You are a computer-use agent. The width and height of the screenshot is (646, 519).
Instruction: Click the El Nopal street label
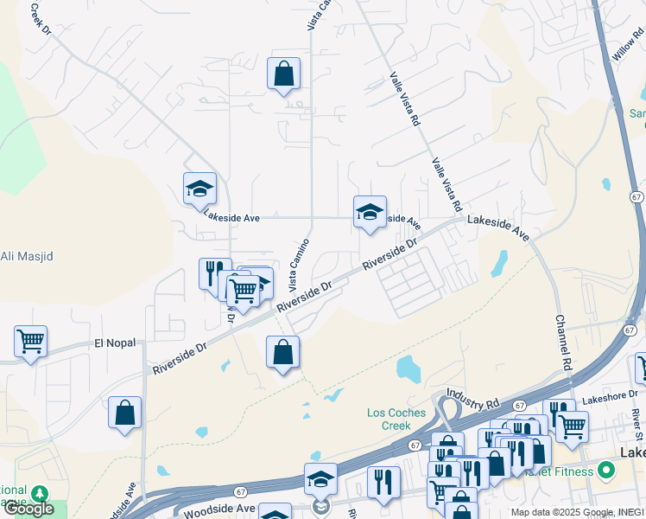coord(115,343)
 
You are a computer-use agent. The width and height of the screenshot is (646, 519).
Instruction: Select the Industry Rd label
coord(474,404)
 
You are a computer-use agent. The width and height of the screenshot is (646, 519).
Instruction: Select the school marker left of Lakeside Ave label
coord(199,189)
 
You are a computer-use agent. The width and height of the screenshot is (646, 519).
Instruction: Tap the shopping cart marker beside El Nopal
coord(30,341)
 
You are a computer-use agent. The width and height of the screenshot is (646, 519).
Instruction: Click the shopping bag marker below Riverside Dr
coord(282,353)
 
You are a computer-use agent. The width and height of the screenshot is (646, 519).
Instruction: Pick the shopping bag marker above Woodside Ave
coord(125,413)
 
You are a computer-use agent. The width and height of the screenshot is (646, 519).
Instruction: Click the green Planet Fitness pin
coord(605,471)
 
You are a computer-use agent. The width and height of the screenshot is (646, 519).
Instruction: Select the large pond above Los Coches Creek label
coord(408,369)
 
